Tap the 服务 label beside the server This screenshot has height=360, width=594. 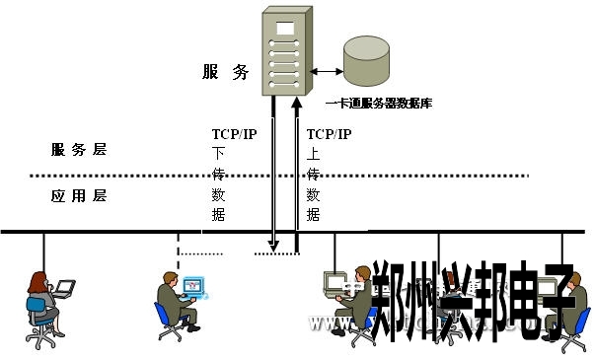click(225, 72)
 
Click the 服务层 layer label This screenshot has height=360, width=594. click(78, 150)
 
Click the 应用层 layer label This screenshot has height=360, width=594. click(78, 195)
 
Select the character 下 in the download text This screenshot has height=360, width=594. click(219, 154)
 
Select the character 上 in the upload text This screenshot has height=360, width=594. click(314, 154)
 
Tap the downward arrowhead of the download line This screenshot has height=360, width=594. click(274, 246)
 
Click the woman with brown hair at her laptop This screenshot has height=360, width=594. click(40, 301)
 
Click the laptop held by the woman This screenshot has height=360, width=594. click(65, 289)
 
